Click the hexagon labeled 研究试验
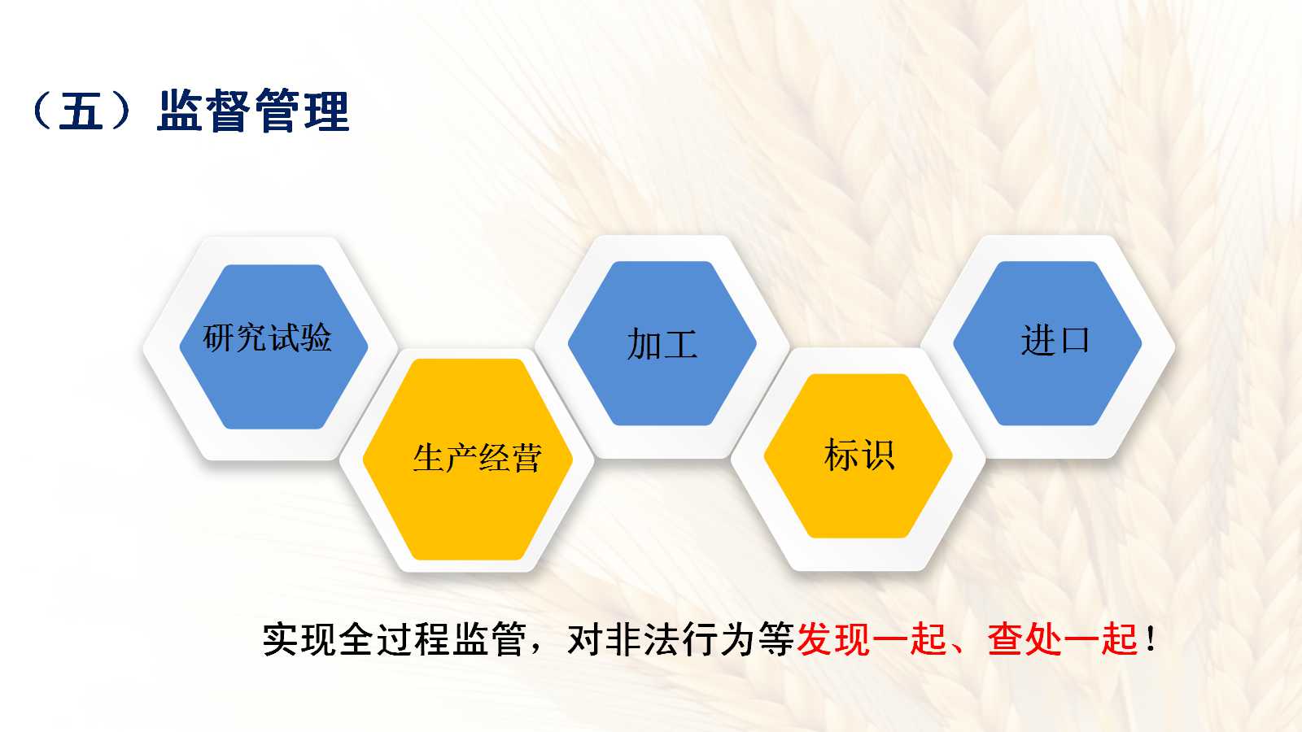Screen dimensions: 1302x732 (273, 346)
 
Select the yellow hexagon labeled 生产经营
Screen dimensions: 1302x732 (467, 459)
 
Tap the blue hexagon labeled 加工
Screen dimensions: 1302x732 (662, 343)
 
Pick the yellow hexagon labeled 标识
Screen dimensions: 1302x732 (858, 455)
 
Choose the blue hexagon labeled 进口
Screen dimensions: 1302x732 (1047, 343)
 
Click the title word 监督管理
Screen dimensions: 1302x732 (253, 111)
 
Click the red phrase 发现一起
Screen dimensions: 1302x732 (872, 639)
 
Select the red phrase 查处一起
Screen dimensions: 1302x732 (1062, 639)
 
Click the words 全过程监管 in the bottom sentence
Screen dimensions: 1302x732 (432, 639)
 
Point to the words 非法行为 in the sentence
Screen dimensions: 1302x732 (680, 639)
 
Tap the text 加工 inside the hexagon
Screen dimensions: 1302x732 (662, 344)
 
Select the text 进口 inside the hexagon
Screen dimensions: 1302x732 (1055, 340)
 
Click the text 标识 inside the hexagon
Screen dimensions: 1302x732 (859, 455)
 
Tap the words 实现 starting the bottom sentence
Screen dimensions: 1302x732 (299, 639)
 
